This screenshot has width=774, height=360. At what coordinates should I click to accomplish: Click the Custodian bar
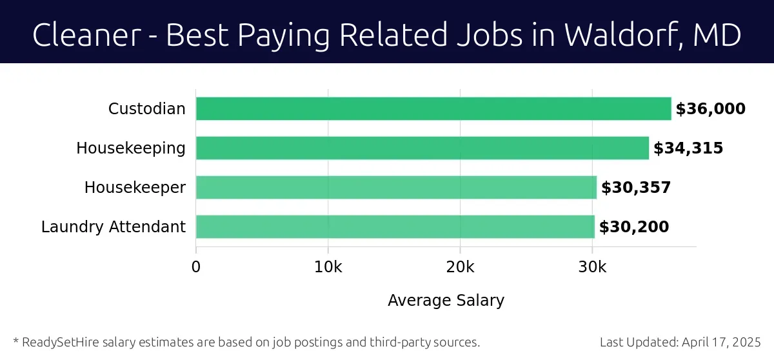click(433, 108)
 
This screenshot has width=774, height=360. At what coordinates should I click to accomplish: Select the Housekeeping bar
click(422, 148)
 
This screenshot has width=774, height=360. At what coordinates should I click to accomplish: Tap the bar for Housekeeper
click(396, 187)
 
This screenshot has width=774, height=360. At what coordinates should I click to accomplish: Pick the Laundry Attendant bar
click(395, 226)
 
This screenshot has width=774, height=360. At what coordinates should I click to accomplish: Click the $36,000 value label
click(710, 109)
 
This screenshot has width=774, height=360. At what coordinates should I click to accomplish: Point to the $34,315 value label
click(688, 148)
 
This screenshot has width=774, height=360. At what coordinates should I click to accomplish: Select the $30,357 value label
click(636, 188)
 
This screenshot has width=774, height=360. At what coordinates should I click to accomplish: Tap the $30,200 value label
click(634, 227)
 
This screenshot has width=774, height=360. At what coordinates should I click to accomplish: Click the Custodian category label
click(147, 109)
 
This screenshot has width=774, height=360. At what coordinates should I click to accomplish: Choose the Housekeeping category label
click(131, 148)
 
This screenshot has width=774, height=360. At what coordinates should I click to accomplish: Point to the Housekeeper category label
click(135, 188)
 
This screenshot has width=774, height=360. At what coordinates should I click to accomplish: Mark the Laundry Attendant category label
click(114, 227)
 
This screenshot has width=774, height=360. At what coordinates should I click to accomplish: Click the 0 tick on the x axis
click(196, 267)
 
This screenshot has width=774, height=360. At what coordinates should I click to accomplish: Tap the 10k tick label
click(328, 267)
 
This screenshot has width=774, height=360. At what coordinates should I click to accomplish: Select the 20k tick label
click(460, 267)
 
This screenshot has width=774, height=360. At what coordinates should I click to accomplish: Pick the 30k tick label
click(592, 267)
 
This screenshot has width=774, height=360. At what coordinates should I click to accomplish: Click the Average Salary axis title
click(446, 300)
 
